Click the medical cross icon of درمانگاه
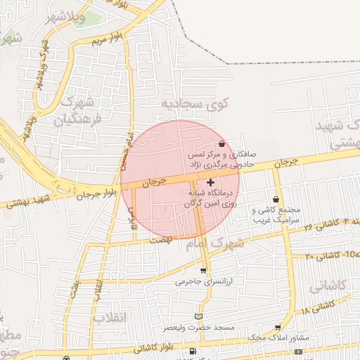pos(211,182)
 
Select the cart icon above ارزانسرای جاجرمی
pos(204,271)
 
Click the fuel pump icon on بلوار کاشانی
pos(193,351)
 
